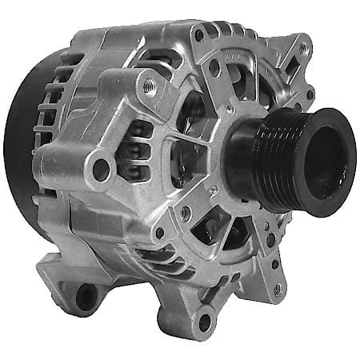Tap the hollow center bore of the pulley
[x=322, y=160]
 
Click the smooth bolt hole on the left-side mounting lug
[x=101, y=169]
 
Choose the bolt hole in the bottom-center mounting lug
[x=202, y=322]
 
